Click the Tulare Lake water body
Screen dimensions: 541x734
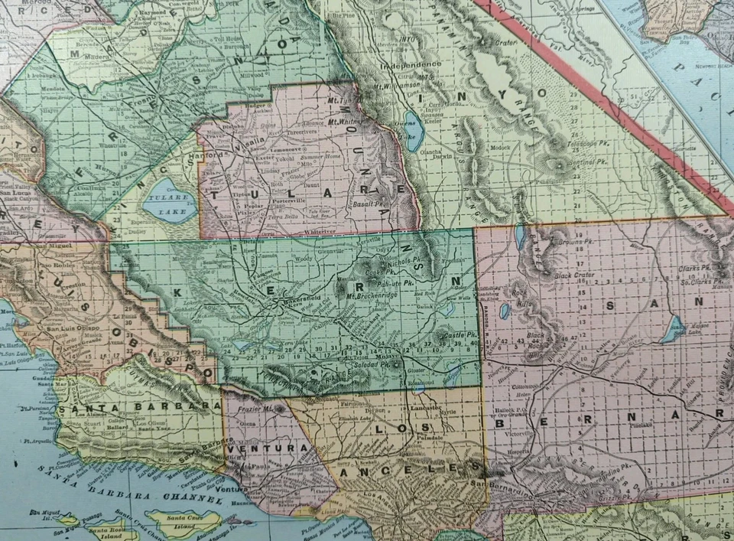point(169,200)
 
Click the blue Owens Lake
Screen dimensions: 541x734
point(414,130)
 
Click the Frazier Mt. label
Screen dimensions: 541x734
point(259,409)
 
